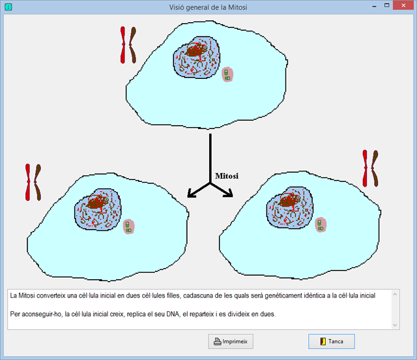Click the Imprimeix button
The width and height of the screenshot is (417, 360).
(231, 341)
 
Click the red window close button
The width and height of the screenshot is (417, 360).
(403, 5)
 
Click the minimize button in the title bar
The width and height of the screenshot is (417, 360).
(375, 6)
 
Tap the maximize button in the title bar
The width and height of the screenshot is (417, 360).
(386, 5)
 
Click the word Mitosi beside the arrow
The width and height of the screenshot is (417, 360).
(227, 176)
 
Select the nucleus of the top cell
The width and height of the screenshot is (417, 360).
(197, 57)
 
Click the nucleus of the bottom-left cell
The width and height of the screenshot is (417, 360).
(98, 209)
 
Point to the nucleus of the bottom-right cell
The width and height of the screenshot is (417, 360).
(289, 207)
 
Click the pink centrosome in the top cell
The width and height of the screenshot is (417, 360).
(227, 74)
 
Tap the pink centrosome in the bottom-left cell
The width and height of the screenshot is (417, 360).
(129, 226)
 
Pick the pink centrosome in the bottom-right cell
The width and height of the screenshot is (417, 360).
(321, 225)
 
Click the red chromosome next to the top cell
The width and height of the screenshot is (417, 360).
(123, 45)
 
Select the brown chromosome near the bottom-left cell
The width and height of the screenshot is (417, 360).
(38, 183)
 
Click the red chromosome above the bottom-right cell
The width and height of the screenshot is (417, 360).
(365, 168)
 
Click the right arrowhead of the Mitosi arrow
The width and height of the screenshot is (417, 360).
(229, 193)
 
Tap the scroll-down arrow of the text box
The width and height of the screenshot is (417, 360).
(395, 325)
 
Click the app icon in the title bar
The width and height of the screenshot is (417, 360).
(8, 7)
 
